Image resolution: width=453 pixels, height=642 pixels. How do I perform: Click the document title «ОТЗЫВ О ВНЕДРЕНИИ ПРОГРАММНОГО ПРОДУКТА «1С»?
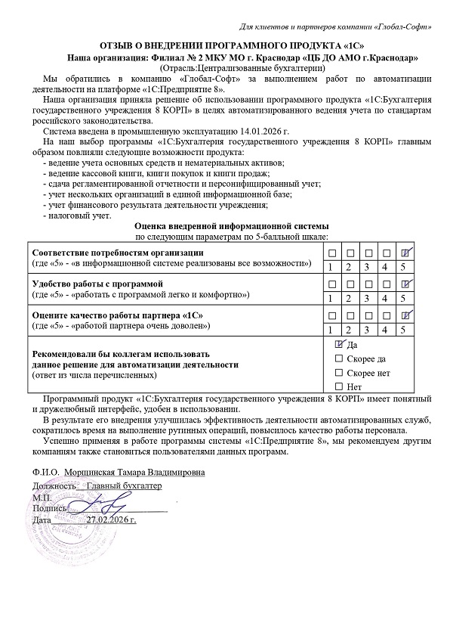pos(226,45)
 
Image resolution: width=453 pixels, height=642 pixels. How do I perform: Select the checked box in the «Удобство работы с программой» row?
pos(405,283)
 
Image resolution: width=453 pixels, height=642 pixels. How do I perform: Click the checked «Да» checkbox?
pos(338,344)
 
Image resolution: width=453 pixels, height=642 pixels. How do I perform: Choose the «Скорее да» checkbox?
pos(338,358)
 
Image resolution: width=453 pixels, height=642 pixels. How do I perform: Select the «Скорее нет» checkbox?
pos(338,373)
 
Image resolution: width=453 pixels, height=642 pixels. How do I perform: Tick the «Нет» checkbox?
pos(338,387)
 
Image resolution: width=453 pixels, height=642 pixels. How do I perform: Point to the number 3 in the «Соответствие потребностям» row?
pos(368,267)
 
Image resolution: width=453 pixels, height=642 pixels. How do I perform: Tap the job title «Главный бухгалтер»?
pos(125,485)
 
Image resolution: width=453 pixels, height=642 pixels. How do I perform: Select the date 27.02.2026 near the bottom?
pos(113,520)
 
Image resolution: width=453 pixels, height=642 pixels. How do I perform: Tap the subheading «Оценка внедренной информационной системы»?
pos(231,226)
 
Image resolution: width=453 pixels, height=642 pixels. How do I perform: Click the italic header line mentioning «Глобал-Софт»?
pos(335,27)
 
